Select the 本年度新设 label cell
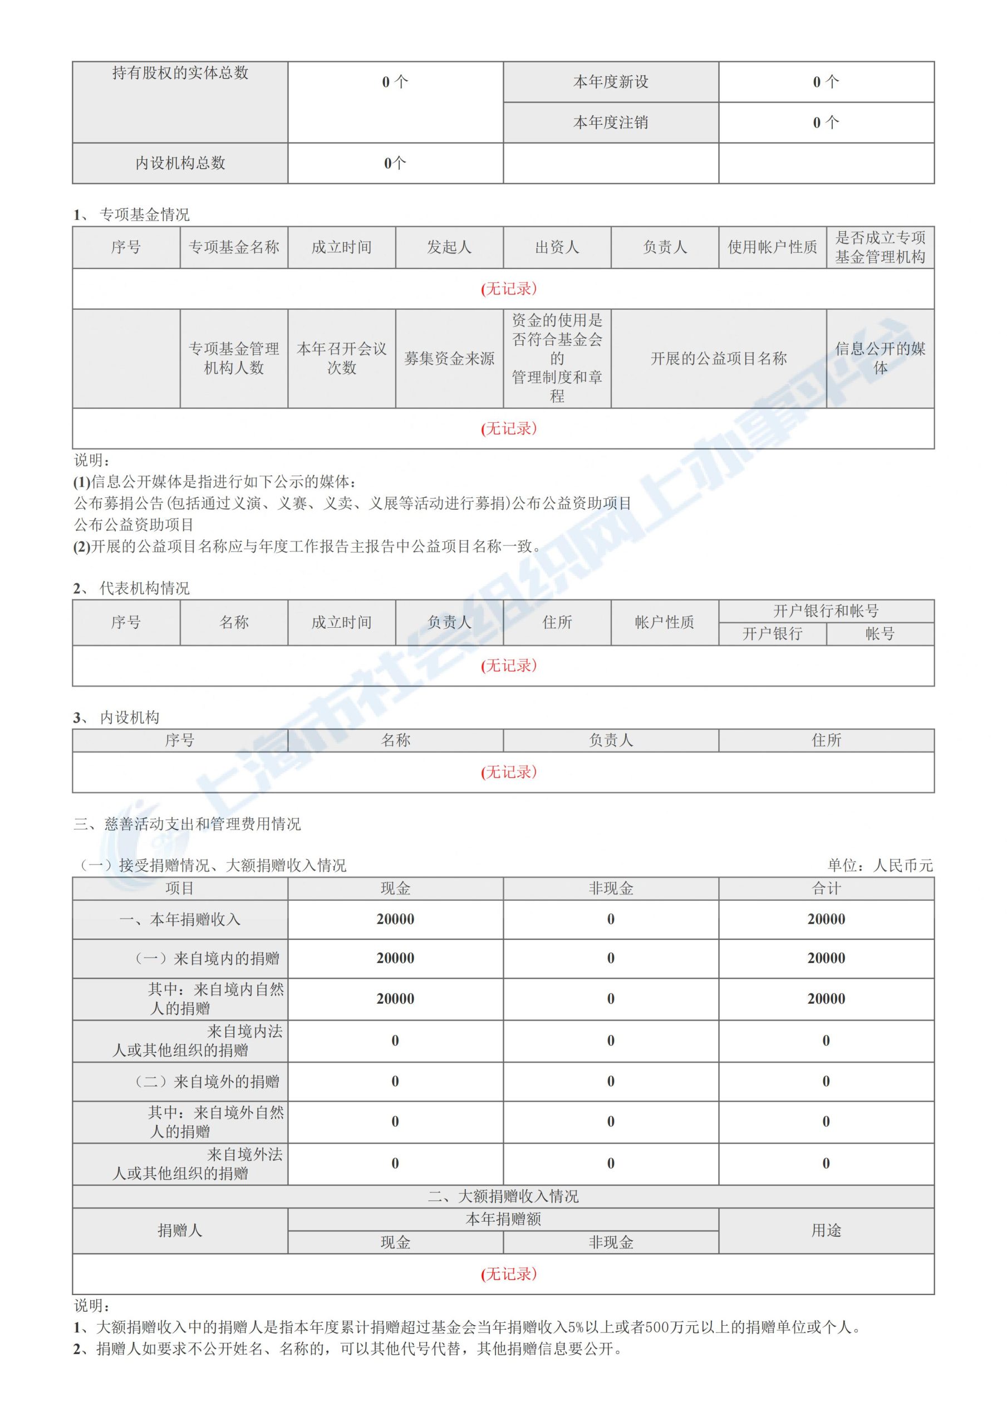pyautogui.click(x=610, y=82)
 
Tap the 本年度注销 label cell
pyautogui.click(x=610, y=123)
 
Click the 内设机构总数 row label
pyautogui.click(x=180, y=163)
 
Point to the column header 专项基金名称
pyautogui.click(x=233, y=247)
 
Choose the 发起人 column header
pyautogui.click(x=449, y=247)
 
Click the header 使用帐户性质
pyautogui.click(x=772, y=247)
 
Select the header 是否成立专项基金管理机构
pyautogui.click(x=880, y=247)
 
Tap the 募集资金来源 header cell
pyautogui.click(x=449, y=358)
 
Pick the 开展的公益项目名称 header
pyautogui.click(x=718, y=358)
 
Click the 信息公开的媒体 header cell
pyautogui.click(x=880, y=358)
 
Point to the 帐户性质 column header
pyautogui.click(x=664, y=622)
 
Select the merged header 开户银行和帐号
pyautogui.click(x=826, y=611)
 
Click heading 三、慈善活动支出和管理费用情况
pyautogui.click(x=187, y=824)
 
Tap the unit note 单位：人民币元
pyautogui.click(x=880, y=865)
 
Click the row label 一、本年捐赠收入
pyautogui.click(x=180, y=919)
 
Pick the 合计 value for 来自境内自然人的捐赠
pyautogui.click(x=826, y=999)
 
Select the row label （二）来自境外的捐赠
pyautogui.click(x=208, y=1081)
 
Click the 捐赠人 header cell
pyautogui.click(x=180, y=1230)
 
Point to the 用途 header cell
pyautogui.click(x=826, y=1230)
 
